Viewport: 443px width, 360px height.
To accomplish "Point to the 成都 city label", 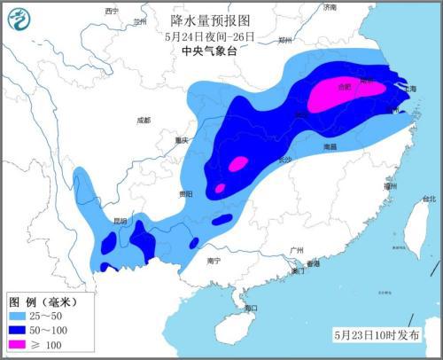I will point(144,120).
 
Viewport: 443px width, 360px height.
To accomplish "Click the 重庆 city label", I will point(182,140).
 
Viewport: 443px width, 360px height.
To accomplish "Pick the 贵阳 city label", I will point(184,193).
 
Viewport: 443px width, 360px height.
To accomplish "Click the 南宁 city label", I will point(213,261).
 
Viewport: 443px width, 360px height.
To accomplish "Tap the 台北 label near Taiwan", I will point(428,199).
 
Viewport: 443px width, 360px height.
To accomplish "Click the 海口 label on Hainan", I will point(250,308).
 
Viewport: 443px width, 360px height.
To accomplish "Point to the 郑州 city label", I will point(285,40).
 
